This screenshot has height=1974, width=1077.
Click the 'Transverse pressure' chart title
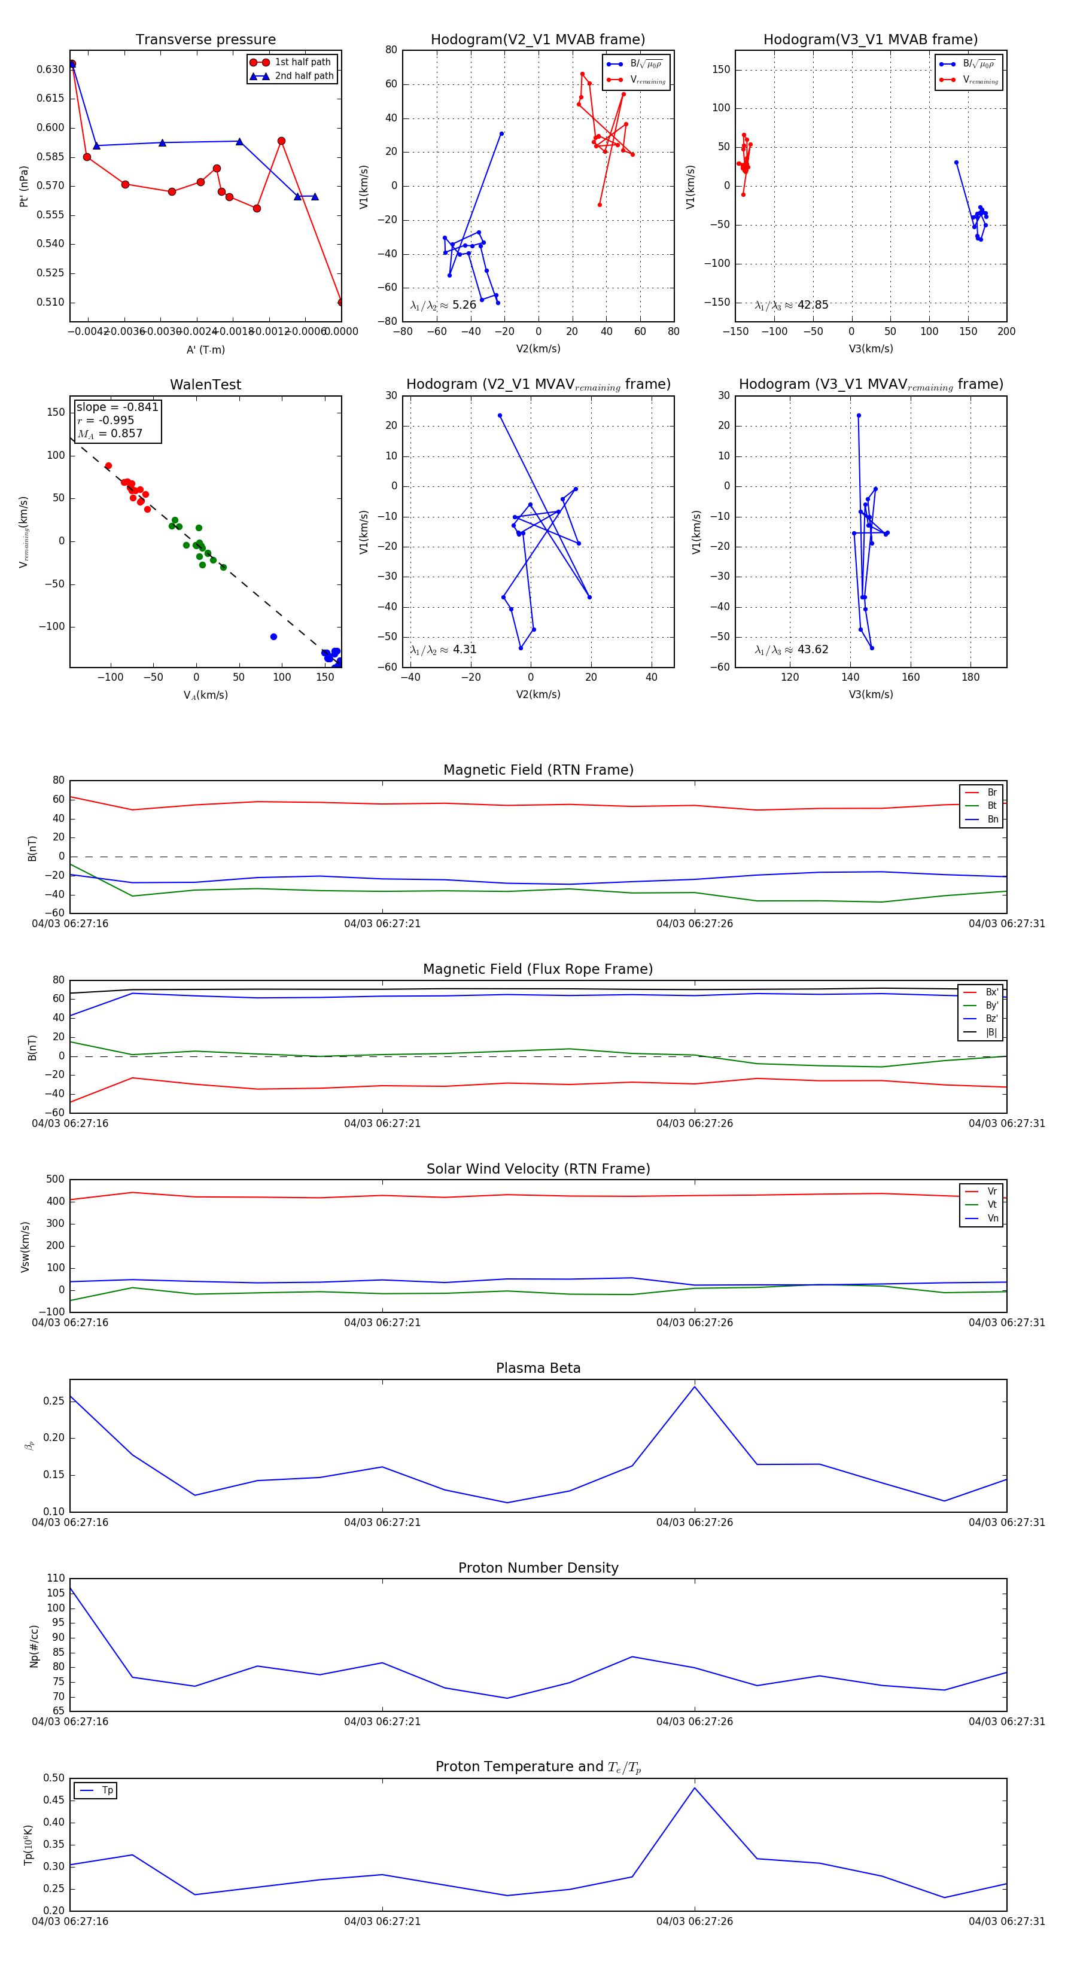point(205,40)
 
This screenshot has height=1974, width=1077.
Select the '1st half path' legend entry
point(302,62)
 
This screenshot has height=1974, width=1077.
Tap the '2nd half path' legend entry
point(303,76)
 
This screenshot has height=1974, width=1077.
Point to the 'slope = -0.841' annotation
point(117,407)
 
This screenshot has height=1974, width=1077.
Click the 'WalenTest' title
point(205,385)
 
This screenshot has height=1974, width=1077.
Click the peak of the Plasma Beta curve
point(695,1386)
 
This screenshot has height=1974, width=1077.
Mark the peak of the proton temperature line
point(695,1788)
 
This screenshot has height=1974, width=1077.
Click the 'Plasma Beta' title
point(538,1368)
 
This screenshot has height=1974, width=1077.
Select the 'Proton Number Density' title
point(538,1568)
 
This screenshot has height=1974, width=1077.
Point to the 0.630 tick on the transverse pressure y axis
point(51,69)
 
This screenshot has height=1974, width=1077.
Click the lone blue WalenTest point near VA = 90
point(273,637)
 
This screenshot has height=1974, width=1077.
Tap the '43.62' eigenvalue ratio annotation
point(813,649)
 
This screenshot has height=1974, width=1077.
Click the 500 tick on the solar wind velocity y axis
point(55,1180)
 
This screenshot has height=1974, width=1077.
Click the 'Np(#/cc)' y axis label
point(34,1646)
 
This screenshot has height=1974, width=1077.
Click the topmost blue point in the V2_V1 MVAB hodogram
point(501,133)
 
